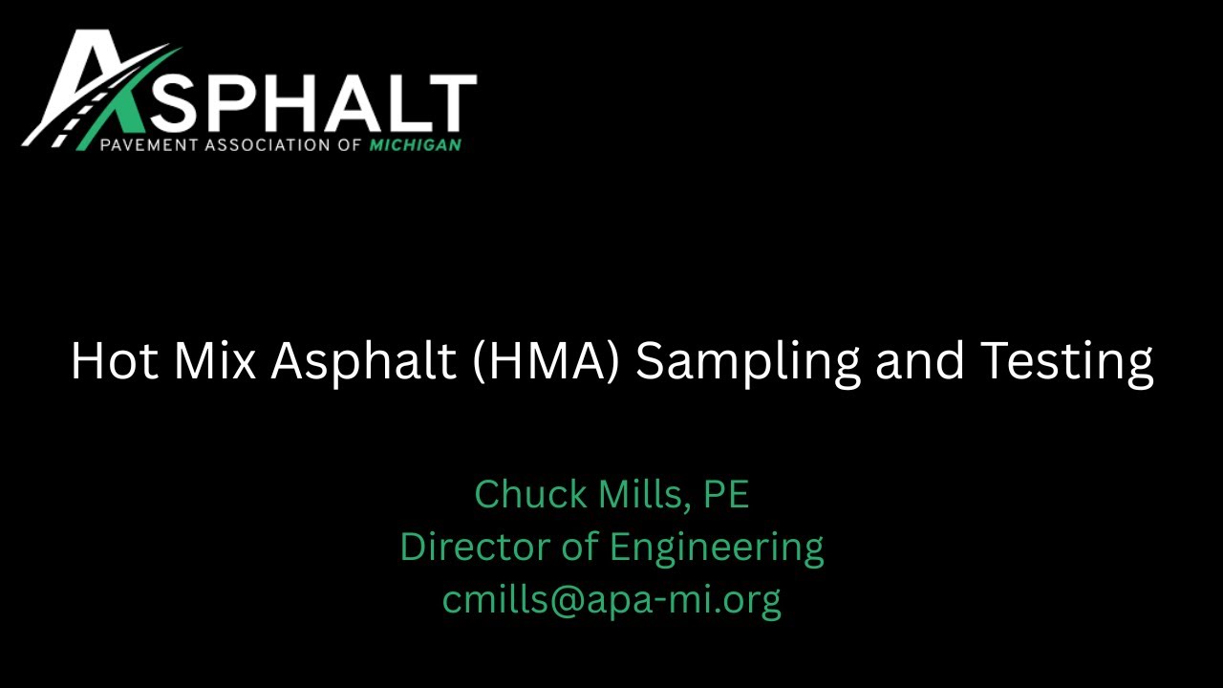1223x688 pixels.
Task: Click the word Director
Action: click(471, 548)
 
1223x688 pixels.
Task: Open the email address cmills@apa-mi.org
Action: click(611, 600)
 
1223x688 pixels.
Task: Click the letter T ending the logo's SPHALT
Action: click(452, 103)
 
